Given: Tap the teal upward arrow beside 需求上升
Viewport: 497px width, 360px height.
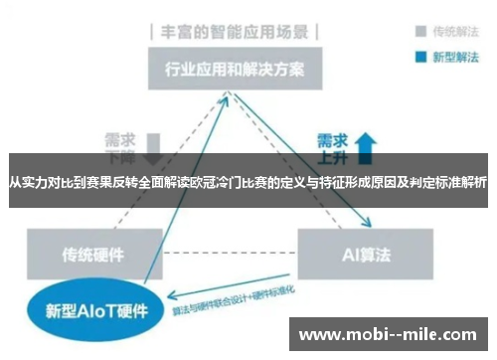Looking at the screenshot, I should coord(365,143).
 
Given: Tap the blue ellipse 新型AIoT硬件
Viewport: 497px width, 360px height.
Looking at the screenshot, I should coord(86,310).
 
